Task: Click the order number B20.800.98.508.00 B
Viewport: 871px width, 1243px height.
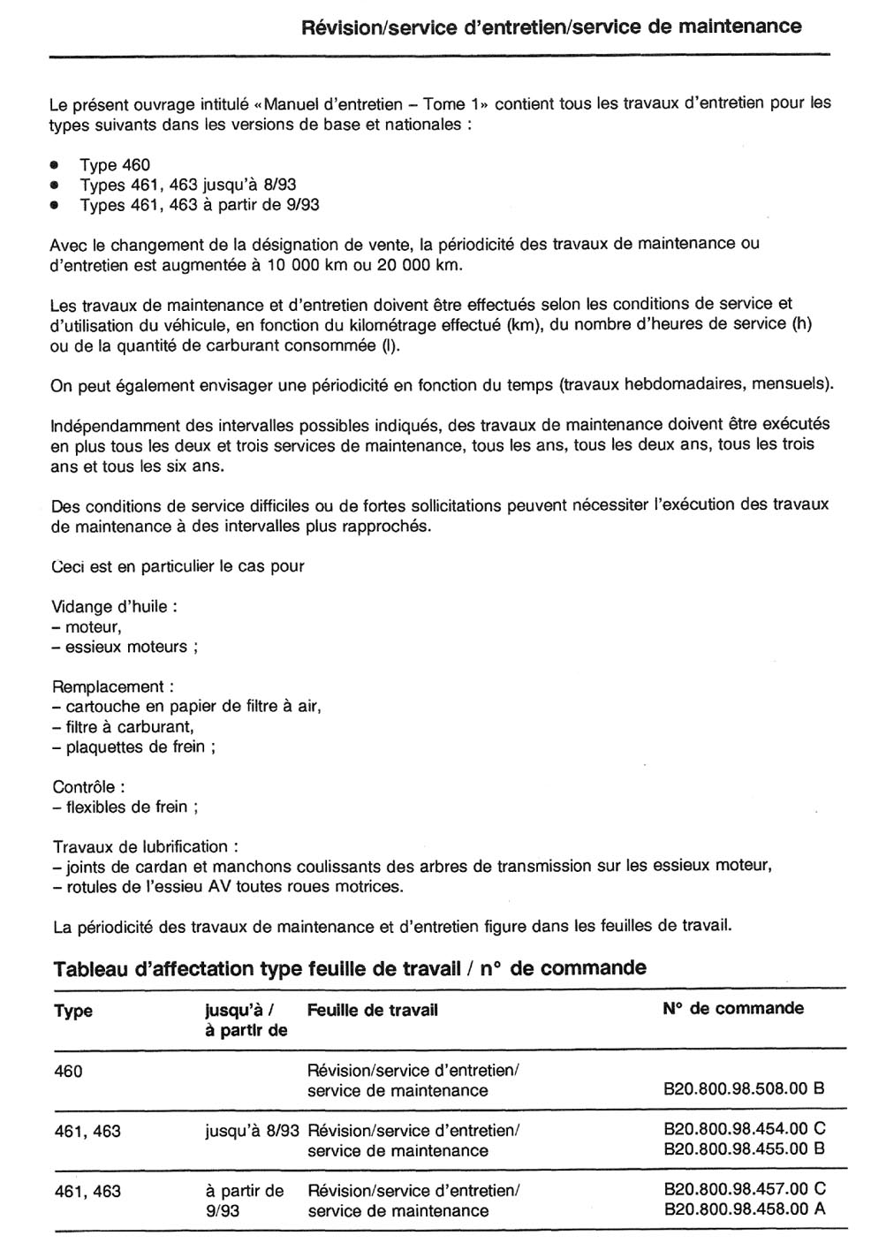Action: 744,1089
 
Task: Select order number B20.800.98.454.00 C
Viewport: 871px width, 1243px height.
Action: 744,1129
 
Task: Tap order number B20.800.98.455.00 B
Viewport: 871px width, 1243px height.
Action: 744,1149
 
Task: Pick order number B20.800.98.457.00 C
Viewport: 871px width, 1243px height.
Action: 744,1189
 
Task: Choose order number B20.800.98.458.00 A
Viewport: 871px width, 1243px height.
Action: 744,1209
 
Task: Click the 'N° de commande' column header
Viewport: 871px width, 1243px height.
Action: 732,1008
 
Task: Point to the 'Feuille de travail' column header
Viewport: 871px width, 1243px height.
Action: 373,1010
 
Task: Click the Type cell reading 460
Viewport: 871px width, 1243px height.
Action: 68,1072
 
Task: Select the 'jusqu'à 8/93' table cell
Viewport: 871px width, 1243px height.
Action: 252,1130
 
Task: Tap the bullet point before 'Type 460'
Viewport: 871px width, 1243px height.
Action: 55,165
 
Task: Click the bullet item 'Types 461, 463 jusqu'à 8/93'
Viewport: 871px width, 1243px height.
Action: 187,185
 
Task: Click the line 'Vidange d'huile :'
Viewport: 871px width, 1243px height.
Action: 115,607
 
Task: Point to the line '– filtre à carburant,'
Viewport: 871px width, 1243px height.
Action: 123,727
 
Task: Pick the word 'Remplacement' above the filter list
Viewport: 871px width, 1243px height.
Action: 109,686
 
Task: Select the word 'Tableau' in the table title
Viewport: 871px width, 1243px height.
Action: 87,968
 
